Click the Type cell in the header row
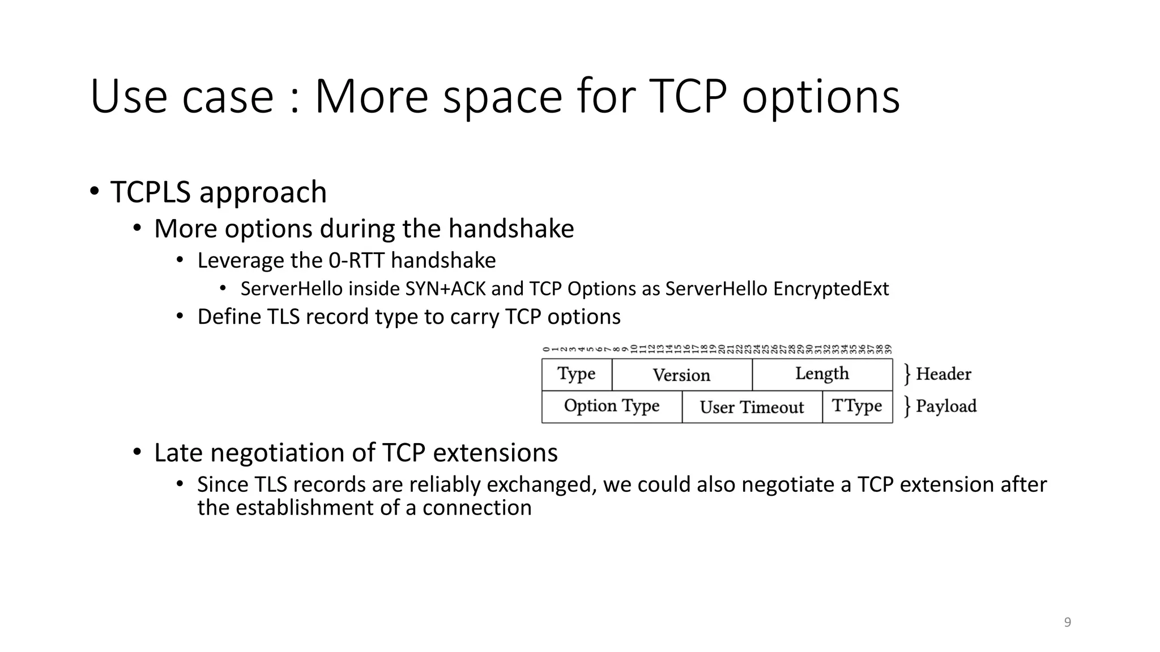pos(577,374)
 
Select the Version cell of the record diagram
pos(681,375)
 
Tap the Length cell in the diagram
pos(822,374)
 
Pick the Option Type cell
pos(612,406)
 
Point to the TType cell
pos(857,406)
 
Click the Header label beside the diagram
pos(943,374)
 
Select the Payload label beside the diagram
pos(946,406)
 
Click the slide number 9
pos(1068,623)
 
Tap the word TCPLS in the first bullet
pos(150,192)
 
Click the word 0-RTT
pos(356,261)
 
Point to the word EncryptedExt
pos(831,289)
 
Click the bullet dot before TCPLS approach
pos(94,191)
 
